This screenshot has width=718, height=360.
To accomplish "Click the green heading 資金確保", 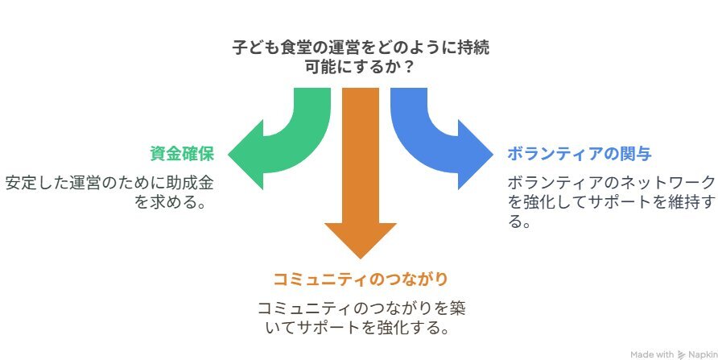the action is click(x=182, y=154).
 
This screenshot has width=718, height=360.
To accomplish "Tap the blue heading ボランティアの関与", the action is click(x=579, y=154).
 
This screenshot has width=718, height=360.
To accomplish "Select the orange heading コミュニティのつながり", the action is click(x=360, y=279).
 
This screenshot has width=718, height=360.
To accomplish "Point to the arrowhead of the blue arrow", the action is click(x=476, y=155).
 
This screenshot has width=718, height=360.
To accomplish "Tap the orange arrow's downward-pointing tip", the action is click(x=360, y=259).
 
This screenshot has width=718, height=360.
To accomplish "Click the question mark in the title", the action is click(x=409, y=68).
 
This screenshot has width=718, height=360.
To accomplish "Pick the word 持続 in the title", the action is click(x=473, y=48).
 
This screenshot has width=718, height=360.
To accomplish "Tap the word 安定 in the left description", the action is click(x=21, y=183).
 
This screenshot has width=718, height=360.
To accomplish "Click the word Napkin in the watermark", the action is click(x=703, y=354).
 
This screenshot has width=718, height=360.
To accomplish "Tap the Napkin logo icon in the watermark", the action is click(x=681, y=354).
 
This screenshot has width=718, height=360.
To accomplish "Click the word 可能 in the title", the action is click(x=321, y=68).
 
